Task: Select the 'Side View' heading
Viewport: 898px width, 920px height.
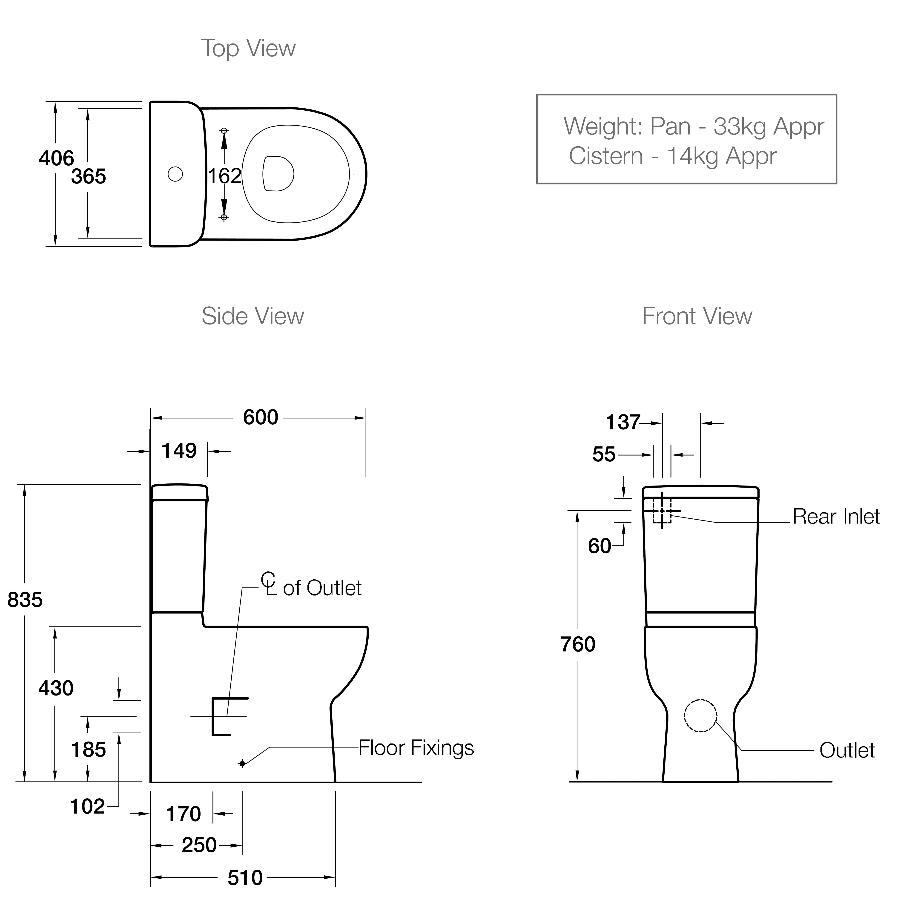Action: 253,316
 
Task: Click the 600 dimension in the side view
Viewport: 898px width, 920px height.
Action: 260,417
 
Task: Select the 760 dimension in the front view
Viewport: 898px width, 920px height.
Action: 578,644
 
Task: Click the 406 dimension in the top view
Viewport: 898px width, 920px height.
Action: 56,158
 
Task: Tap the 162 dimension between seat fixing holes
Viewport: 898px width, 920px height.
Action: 224,176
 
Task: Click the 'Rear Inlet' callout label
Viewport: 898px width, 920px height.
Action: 836,517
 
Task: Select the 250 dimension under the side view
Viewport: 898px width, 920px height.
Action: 199,845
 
